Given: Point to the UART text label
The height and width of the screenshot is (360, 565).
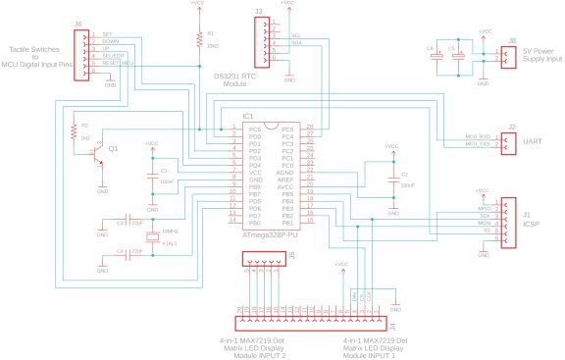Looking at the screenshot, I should tap(533, 141).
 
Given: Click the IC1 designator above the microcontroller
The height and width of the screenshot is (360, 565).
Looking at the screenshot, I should tap(249, 116).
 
